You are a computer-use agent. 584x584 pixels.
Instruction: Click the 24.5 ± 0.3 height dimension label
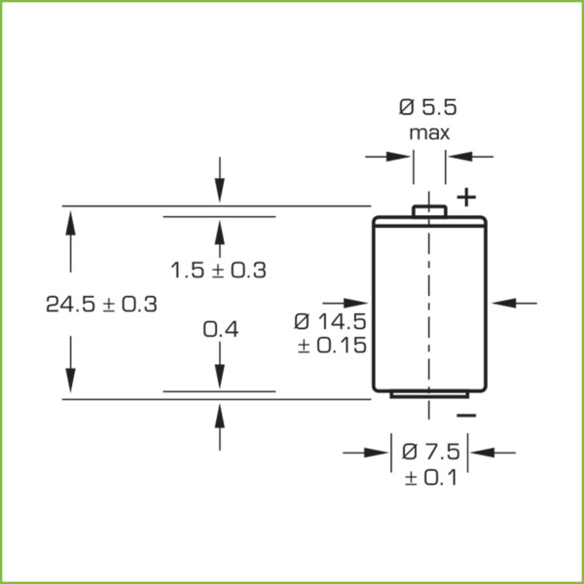point(101,304)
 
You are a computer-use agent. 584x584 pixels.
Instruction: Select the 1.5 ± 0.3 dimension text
point(218,271)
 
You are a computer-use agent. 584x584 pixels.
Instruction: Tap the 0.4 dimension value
point(220,330)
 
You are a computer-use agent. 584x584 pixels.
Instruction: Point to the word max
point(428,132)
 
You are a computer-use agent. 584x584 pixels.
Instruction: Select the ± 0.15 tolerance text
point(331,347)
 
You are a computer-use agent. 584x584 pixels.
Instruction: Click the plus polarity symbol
point(468,199)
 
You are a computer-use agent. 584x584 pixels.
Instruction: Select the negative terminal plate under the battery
point(428,394)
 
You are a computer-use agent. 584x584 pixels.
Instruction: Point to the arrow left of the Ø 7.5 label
point(366,452)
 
